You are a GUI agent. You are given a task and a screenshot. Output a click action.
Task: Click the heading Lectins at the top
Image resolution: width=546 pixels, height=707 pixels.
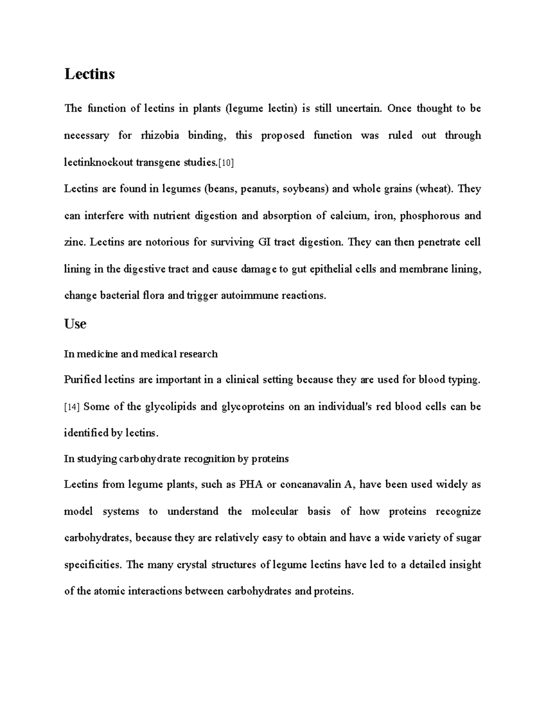tap(90, 74)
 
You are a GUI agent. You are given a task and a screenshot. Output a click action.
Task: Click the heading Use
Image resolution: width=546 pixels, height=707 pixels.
tap(75, 324)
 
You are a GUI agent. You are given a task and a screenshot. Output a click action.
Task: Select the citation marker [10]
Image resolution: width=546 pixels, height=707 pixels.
tap(226, 163)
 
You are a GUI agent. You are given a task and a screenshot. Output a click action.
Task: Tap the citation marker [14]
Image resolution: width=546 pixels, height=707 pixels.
tap(72, 407)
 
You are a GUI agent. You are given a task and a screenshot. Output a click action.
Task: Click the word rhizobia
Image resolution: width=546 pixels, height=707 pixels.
tap(160, 136)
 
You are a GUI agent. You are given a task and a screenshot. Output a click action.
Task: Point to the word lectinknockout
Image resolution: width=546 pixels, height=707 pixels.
tap(98, 163)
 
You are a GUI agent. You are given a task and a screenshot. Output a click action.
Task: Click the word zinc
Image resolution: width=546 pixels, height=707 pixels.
tap(74, 242)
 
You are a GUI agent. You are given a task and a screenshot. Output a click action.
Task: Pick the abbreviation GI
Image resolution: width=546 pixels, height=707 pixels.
tap(264, 242)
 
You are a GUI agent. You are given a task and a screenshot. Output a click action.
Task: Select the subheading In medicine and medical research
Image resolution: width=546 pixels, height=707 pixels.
tap(141, 354)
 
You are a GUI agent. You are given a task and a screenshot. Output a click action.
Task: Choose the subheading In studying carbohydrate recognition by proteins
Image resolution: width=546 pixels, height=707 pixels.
tap(176, 459)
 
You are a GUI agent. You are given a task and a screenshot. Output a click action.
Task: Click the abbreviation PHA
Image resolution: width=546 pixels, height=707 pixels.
tap(251, 485)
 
